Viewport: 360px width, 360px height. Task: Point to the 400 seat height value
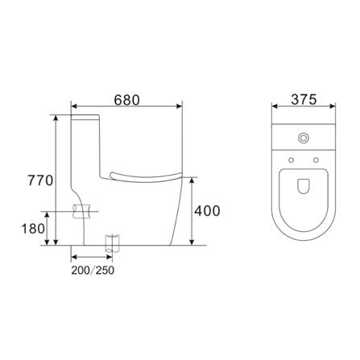point(207,211)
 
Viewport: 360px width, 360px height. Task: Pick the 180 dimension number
point(32,229)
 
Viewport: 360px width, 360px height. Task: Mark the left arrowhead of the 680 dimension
point(75,106)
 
